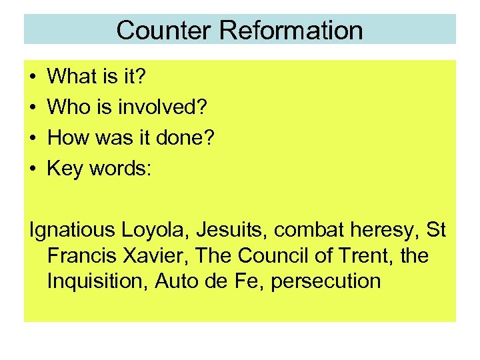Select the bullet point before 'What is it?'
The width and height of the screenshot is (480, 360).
click(x=33, y=77)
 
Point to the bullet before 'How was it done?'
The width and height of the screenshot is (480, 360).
click(x=33, y=139)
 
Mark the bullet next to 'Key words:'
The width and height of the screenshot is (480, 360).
click(x=33, y=169)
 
